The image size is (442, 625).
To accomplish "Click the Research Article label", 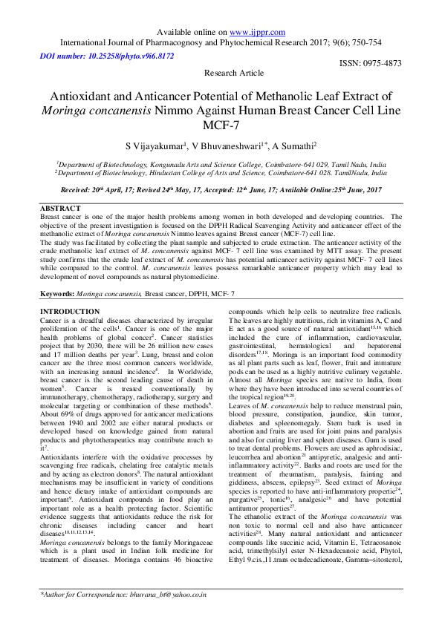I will coord(233,73).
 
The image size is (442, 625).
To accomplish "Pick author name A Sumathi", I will coord(293,146).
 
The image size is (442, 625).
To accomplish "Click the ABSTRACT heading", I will coord(60,209).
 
